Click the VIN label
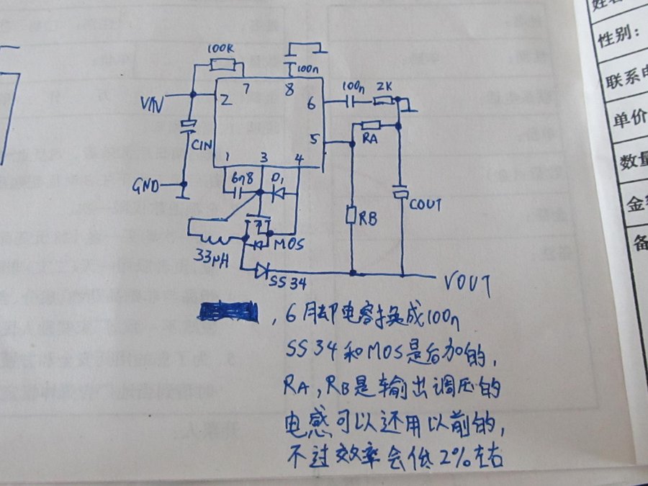pos(152,105)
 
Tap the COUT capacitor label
pos(426,204)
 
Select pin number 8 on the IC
pos(289,91)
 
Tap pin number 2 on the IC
pos(226,101)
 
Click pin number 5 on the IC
pos(312,140)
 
